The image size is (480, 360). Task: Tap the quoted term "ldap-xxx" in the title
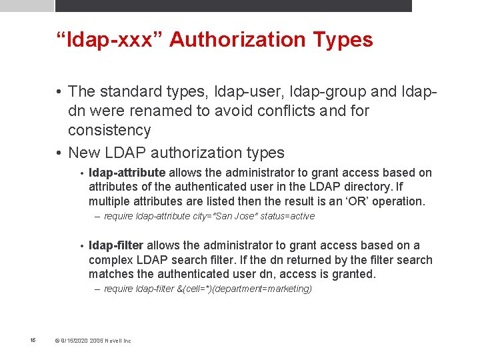[109, 39]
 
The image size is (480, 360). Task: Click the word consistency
[109, 130]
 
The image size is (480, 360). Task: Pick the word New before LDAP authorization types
[85, 153]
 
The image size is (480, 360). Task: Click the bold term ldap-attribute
[127, 173]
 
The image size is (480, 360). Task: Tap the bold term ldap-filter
[116, 245]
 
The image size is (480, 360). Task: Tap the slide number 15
[33, 341]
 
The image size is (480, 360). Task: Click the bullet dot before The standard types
[59, 91]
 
